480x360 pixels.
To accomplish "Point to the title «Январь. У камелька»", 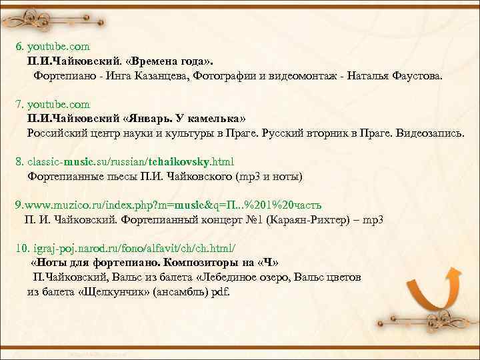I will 189,119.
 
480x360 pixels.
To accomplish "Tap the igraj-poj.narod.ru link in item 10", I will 126,248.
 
